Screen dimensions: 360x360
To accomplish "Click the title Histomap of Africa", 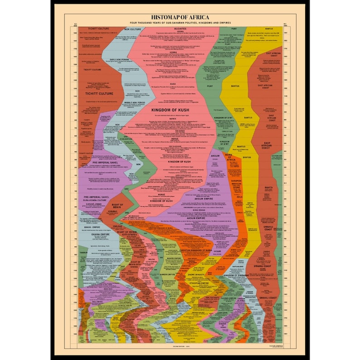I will point(180,17).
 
